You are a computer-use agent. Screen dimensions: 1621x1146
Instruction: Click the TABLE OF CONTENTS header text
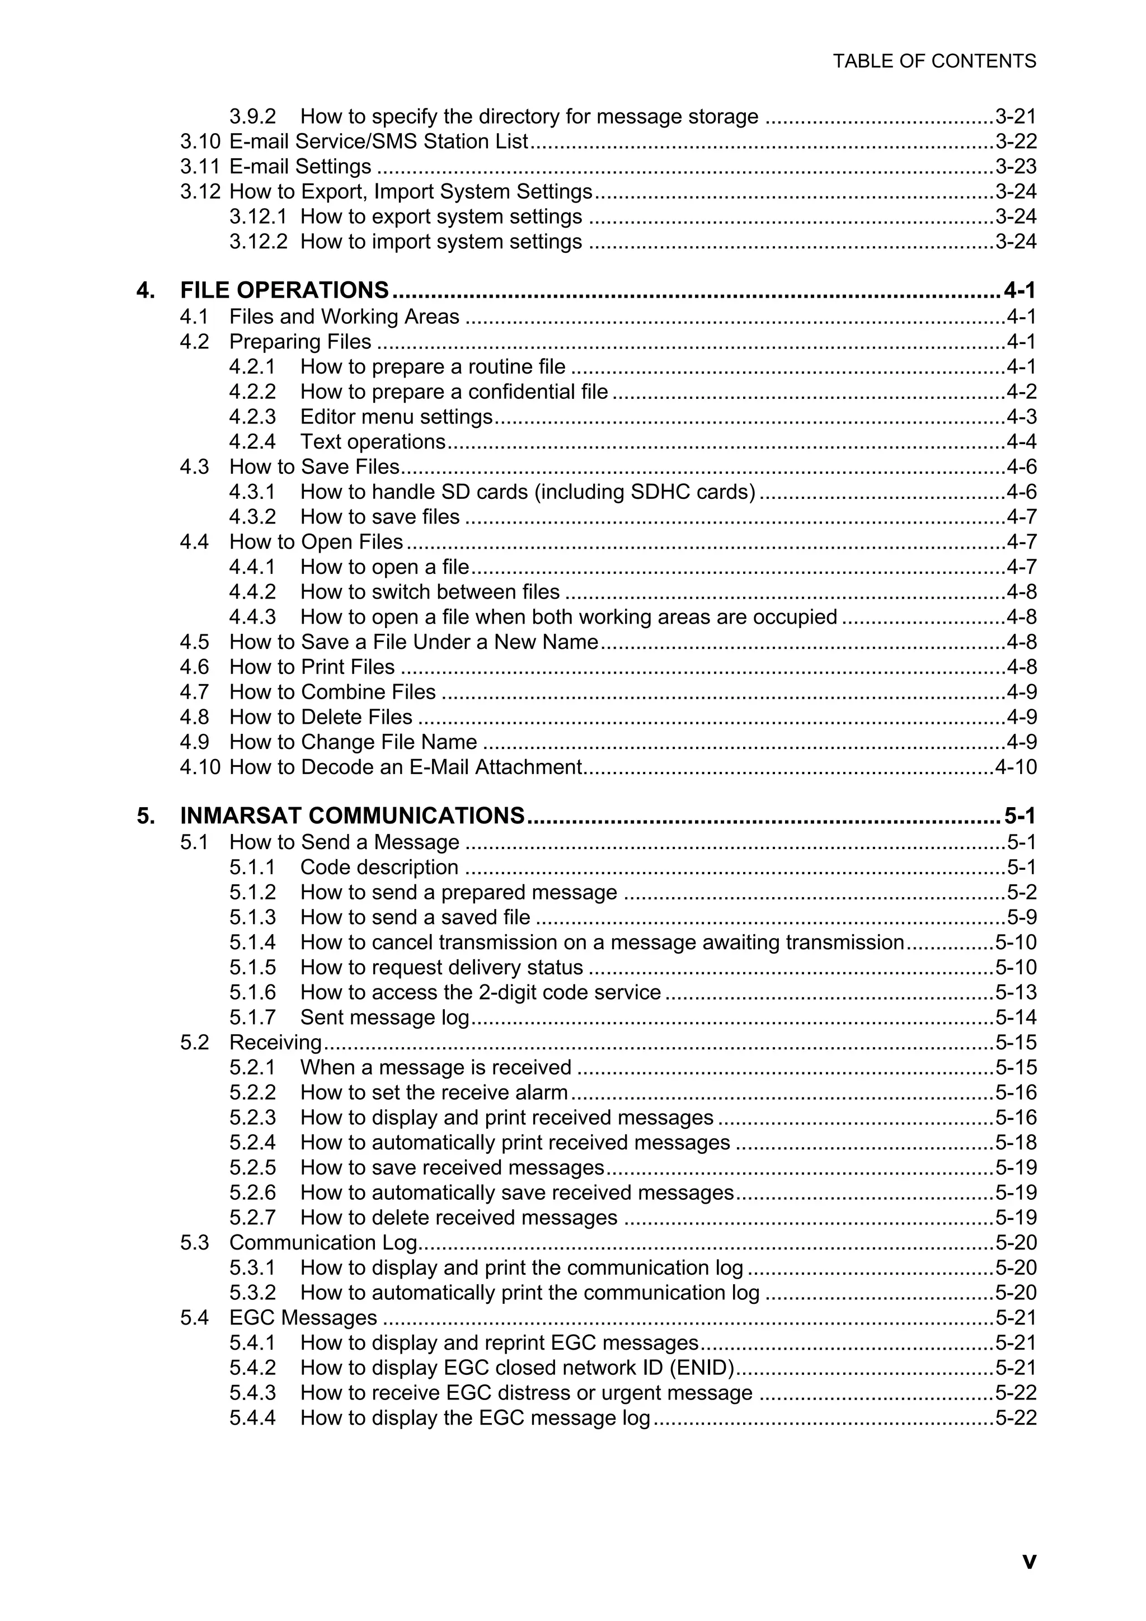coord(934,62)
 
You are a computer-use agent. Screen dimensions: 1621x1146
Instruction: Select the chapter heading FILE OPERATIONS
coord(284,290)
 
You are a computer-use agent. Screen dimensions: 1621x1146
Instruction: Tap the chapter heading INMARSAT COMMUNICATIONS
coord(351,816)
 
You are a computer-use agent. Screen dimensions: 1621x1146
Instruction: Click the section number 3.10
coord(200,141)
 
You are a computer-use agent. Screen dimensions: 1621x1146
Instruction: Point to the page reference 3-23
coord(1016,167)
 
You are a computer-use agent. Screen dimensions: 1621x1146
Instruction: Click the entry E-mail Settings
coord(300,167)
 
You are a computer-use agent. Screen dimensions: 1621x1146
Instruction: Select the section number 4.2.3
coord(252,417)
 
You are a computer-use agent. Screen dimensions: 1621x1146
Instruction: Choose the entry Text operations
coord(372,442)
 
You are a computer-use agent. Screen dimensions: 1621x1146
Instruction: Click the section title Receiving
coord(275,1042)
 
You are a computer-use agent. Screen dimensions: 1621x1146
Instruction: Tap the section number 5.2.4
coord(252,1142)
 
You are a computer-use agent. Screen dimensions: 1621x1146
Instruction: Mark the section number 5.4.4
coord(252,1417)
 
